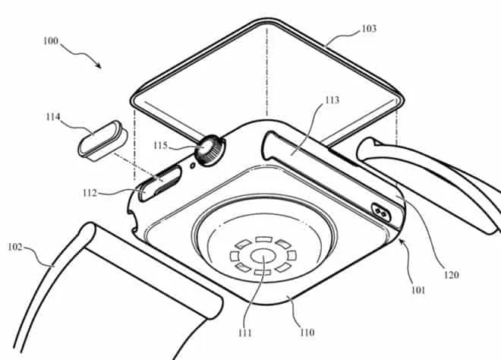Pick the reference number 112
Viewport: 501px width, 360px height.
pyautogui.click(x=106, y=191)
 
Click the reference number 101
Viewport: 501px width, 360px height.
pyautogui.click(x=417, y=289)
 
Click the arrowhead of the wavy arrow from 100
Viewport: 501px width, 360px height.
pyautogui.click(x=99, y=66)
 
